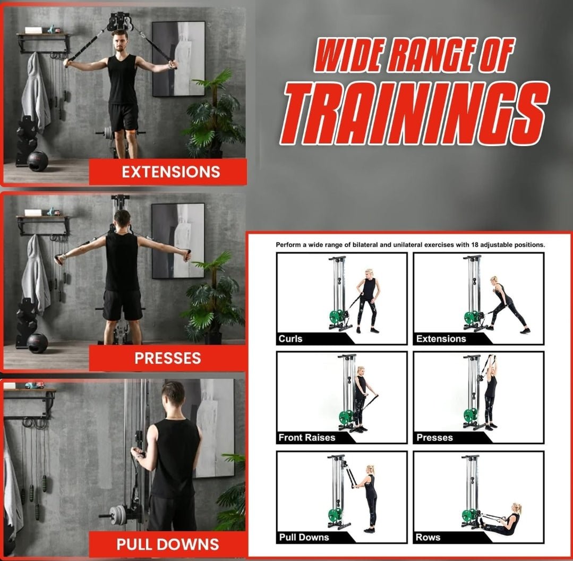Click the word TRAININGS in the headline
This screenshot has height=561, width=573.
415,114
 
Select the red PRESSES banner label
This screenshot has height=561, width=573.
168,358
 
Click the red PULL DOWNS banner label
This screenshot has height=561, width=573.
168,544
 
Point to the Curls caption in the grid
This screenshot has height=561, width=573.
290,339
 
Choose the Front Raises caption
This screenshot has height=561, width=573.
306,437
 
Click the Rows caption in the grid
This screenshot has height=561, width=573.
428,537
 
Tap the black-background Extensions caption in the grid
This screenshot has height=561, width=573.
441,339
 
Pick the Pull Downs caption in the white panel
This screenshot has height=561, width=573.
304,537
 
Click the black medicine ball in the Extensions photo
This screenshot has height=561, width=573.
37,161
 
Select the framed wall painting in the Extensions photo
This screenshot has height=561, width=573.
178,58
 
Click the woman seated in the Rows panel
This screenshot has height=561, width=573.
502,520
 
